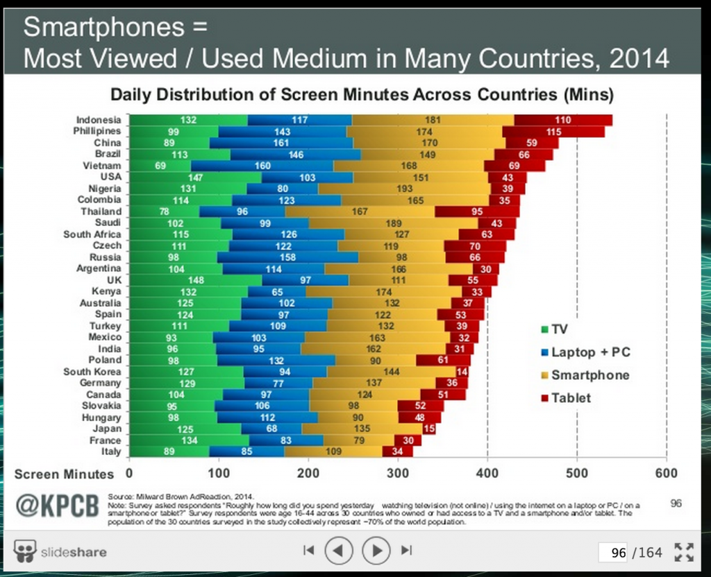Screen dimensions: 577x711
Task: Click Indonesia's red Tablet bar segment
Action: [x=562, y=120]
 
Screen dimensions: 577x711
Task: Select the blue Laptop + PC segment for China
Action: [x=281, y=143]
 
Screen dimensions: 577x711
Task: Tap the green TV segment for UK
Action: [x=196, y=279]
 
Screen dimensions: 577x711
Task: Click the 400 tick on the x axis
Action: [x=487, y=474]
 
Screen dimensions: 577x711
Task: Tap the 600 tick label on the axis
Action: [x=666, y=474]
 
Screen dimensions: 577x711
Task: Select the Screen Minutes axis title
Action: [x=63, y=474]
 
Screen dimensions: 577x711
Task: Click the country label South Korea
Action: [x=92, y=372]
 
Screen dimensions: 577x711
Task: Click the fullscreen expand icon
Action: [x=684, y=552]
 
